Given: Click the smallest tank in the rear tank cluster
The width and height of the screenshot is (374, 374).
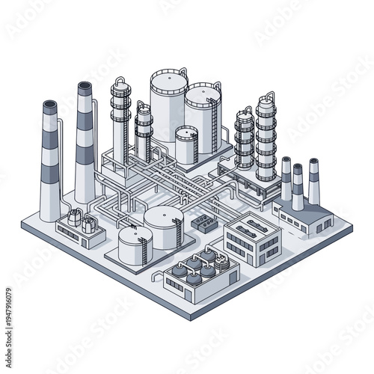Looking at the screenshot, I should click(x=187, y=144).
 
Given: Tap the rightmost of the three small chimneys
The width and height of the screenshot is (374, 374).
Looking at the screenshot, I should click(x=313, y=180).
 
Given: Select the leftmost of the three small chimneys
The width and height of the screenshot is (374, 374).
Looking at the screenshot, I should click(x=286, y=178).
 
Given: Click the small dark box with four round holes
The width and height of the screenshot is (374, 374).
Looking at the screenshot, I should click(x=203, y=222).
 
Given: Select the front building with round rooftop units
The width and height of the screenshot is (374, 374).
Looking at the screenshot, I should click(x=200, y=275).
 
